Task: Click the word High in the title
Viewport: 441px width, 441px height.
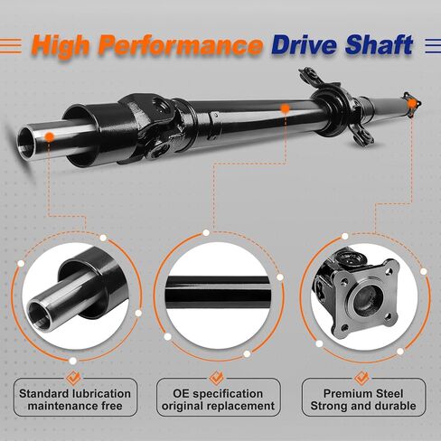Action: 61,45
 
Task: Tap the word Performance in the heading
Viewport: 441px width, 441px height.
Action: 181,45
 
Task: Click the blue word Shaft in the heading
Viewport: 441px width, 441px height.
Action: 379,44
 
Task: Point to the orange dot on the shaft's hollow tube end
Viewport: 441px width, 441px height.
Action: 49,137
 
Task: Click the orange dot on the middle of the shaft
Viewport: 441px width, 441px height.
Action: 285,108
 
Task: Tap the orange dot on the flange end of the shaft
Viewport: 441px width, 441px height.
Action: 412,104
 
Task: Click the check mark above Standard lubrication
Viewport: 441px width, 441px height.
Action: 73,378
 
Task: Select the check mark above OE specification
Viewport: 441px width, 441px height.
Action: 217,378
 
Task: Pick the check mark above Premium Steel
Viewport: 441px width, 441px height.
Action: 361,378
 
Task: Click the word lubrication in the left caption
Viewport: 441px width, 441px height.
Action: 101,394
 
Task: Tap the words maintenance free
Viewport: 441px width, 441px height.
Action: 75,406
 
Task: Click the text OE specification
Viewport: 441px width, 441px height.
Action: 218,394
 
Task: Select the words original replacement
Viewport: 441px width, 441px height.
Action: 218,406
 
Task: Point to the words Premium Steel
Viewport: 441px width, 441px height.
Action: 363,394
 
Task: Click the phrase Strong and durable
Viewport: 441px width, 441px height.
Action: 363,406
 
